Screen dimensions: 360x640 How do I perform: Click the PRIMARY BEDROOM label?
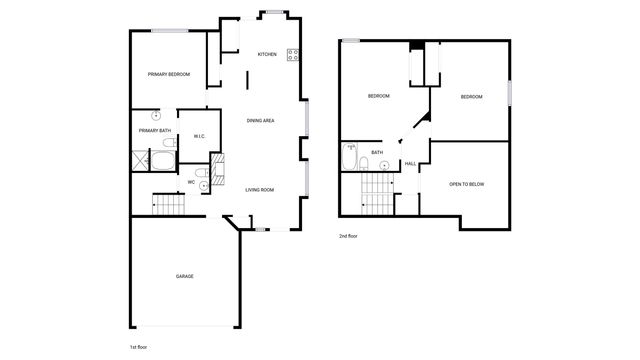coord(169,75)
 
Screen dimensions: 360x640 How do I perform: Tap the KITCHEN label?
coord(267,54)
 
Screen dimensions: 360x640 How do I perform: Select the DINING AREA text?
coord(261,121)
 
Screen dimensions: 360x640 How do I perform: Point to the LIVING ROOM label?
coord(260,189)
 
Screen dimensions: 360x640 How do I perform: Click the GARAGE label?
coord(185,276)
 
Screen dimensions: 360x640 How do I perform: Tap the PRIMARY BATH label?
coord(155,130)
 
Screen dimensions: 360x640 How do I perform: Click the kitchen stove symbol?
coord(294,55)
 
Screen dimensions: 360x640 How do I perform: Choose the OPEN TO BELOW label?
coord(467,184)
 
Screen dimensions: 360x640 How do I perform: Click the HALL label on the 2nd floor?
coord(410,164)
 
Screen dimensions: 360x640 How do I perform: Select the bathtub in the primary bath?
coord(163,161)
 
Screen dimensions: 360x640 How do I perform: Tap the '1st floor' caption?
coord(139,346)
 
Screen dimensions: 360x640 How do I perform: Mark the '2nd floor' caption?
coord(347,236)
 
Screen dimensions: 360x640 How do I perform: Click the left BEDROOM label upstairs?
coord(378,96)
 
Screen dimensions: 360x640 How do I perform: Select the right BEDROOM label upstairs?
coord(471,96)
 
